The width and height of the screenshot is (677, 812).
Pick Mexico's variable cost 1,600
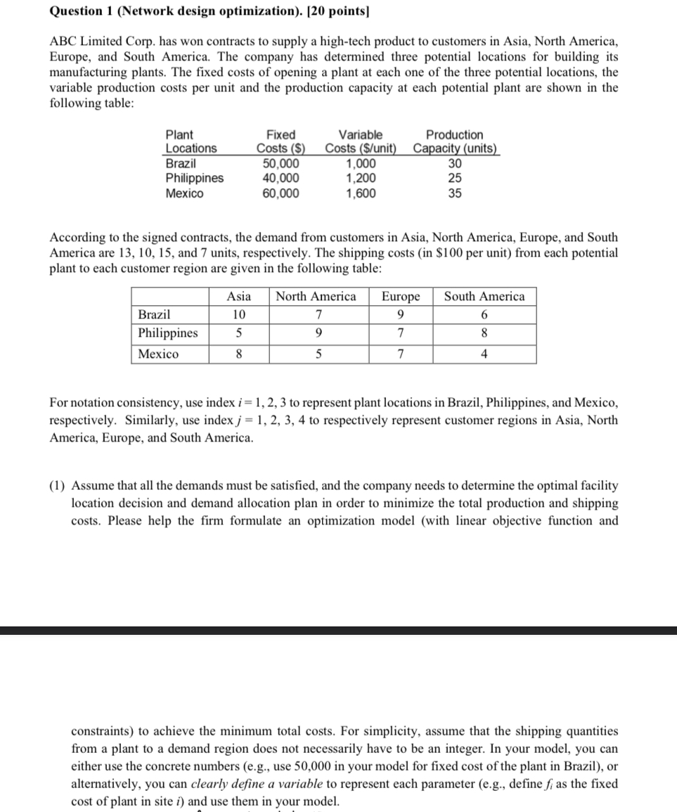pos(361,193)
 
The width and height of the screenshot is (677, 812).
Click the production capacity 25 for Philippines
pos(455,178)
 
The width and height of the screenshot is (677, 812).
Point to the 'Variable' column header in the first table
pos(361,134)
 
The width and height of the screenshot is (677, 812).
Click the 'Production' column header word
pos(455,134)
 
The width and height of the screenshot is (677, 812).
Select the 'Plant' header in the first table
pos(179,134)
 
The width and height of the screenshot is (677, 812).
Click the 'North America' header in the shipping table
pos(316,297)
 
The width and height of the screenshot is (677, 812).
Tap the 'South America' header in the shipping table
pos(484,297)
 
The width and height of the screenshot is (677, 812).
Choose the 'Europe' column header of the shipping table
pos(401,297)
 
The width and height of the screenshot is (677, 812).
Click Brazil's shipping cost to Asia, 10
pos(239,315)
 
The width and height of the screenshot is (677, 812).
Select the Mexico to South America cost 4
pos(484,354)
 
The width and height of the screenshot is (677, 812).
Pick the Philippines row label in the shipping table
pos(168,333)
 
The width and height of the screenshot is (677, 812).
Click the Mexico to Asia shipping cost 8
pos(239,354)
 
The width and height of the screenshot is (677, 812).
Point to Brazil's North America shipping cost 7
pos(319,315)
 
